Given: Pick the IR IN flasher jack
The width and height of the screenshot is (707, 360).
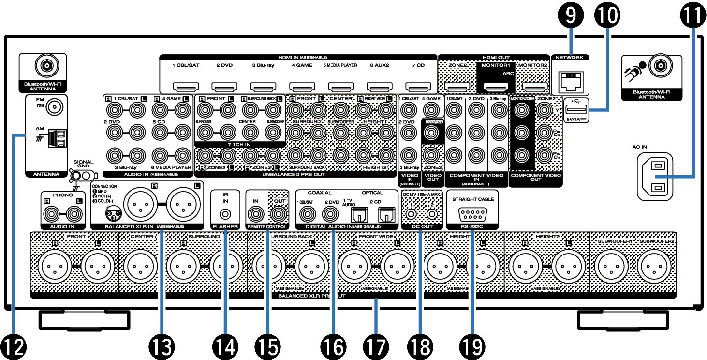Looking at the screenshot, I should [225, 213].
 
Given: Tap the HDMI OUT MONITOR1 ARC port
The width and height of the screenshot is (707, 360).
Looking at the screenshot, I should [496, 88].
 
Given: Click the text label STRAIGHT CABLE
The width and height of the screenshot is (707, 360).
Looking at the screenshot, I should [471, 198].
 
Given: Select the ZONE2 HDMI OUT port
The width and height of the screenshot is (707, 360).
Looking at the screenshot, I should [457, 88].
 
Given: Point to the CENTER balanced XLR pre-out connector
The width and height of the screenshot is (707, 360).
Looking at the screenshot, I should [141, 266].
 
